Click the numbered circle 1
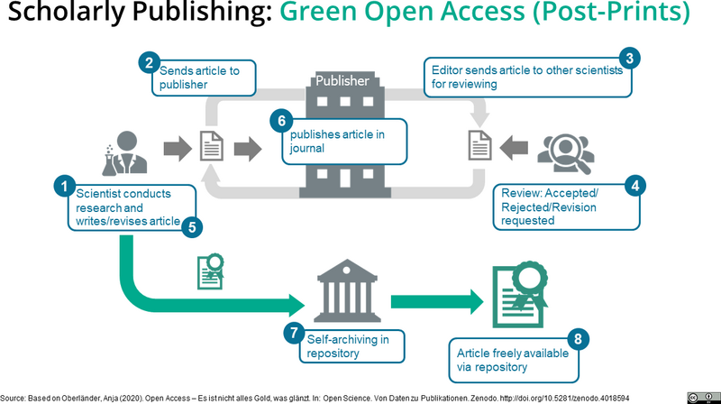[64, 187]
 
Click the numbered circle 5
[190, 225]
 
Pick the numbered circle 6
[281, 119]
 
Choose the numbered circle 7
[292, 333]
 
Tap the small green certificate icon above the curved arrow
[210, 271]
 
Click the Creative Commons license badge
[702, 395]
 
